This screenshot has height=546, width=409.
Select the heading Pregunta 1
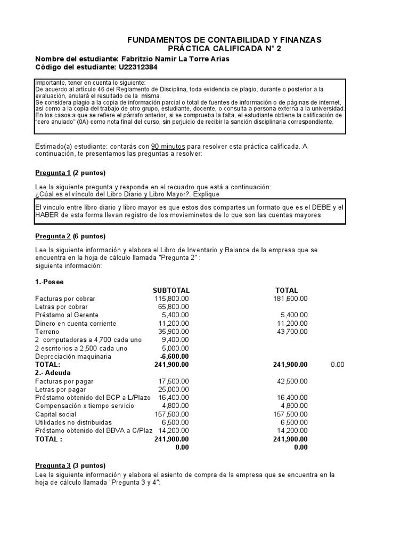[x=53, y=173]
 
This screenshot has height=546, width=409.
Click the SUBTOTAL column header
[x=170, y=291]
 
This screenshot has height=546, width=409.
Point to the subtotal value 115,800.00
[x=171, y=299]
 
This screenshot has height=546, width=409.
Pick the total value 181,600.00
[x=290, y=299]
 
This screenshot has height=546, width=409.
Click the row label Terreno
[x=47, y=332]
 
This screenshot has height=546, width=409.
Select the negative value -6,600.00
[x=174, y=356]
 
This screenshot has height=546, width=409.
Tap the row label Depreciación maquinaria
[x=73, y=356]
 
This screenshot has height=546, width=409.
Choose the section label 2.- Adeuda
[x=53, y=373]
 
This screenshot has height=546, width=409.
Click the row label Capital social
[x=57, y=414]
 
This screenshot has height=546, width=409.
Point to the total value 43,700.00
[x=291, y=332]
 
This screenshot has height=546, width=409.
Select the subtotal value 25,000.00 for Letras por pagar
[x=173, y=390]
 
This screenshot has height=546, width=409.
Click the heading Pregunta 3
[x=53, y=465]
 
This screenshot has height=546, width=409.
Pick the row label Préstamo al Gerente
[x=67, y=315]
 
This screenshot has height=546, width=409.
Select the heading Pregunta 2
[x=53, y=236]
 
